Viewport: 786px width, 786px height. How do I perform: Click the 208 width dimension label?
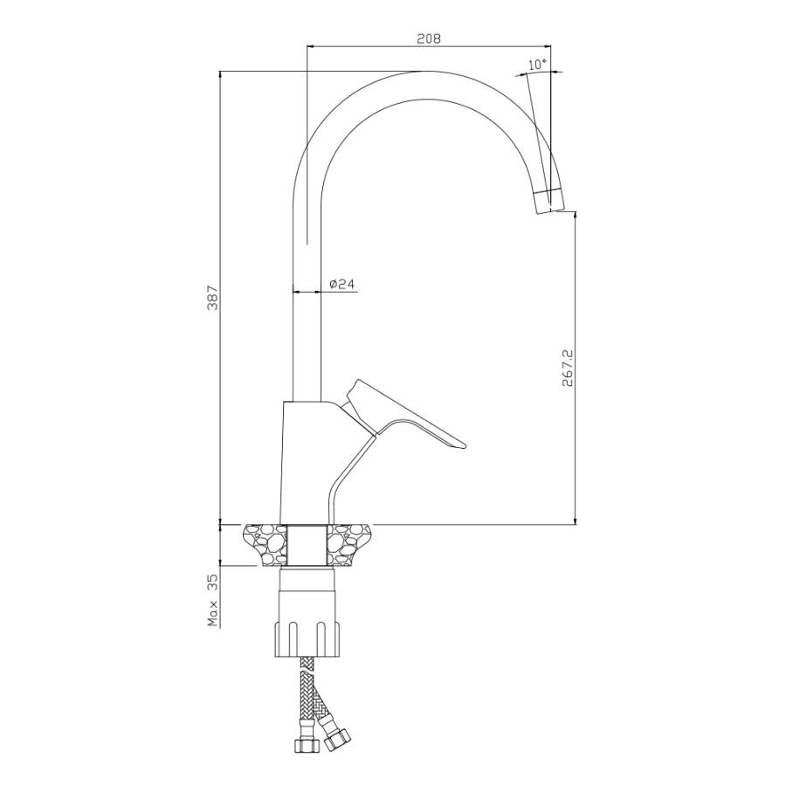[429, 38]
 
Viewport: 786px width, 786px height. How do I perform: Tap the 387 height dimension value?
[212, 298]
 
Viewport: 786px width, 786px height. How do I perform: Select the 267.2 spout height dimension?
[567, 368]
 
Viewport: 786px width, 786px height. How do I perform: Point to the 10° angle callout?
[537, 64]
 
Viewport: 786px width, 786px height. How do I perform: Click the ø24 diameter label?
[342, 284]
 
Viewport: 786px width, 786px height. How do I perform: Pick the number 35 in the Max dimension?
[212, 583]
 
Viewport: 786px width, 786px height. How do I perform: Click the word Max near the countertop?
[214, 614]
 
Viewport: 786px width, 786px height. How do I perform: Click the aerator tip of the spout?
[549, 201]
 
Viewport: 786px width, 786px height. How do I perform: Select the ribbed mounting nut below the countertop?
[307, 639]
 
